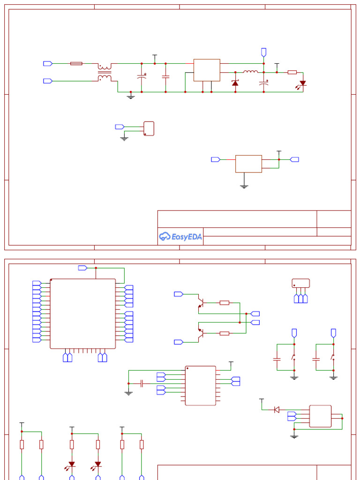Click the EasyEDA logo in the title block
[x=180, y=237]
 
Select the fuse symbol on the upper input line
[x=76, y=63]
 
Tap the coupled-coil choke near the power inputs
[x=105, y=72]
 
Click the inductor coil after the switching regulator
[x=250, y=72]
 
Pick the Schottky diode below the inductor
[x=235, y=83]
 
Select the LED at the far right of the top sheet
[x=303, y=83]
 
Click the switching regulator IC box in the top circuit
[x=207, y=70]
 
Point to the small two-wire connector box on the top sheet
[x=149, y=128]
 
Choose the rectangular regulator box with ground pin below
[x=248, y=164]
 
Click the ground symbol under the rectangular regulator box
[x=244, y=186]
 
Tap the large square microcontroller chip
[x=83, y=314]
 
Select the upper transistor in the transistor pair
[x=201, y=302]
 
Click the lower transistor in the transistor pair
[x=201, y=333]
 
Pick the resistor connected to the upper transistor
[x=225, y=303]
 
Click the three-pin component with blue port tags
[x=300, y=283]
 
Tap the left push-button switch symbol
[x=293, y=358]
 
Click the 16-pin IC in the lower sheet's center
[x=200, y=385]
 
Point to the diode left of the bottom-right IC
[x=276, y=410]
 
